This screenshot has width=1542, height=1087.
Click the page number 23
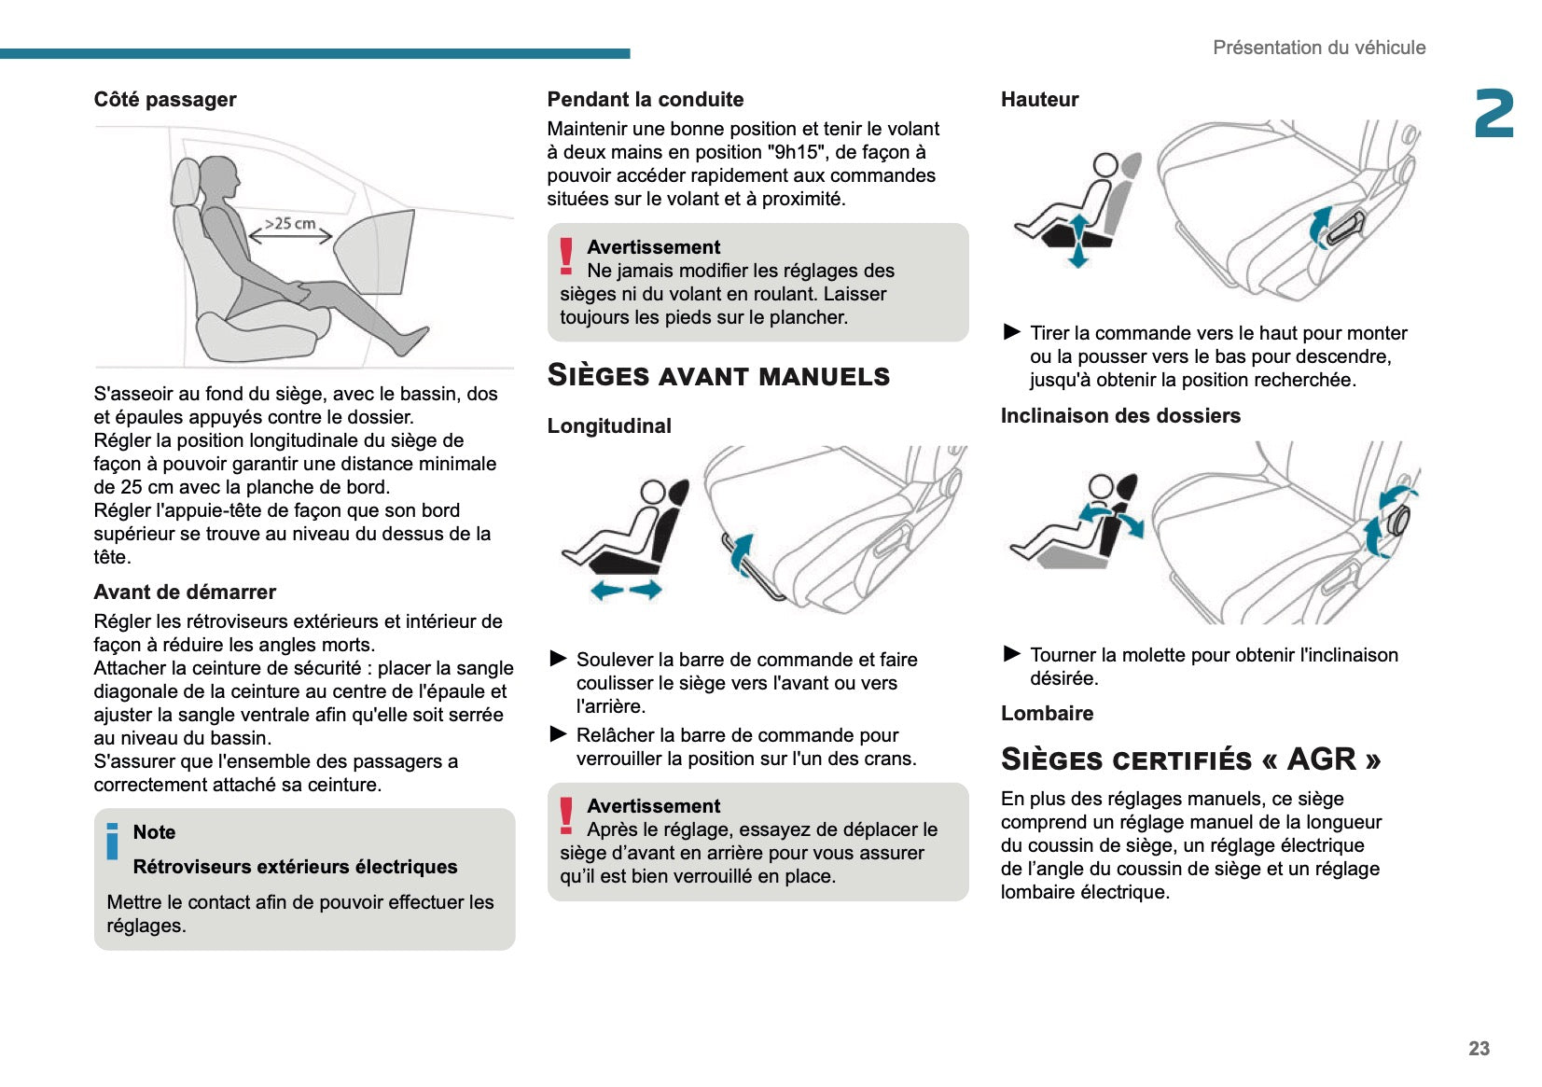pos(1479,1048)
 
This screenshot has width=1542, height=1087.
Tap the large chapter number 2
pos(1493,115)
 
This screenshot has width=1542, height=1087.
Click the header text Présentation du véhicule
pos(1318,48)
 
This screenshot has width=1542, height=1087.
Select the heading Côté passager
pos(165,100)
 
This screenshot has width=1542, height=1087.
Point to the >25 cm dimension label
pos(290,224)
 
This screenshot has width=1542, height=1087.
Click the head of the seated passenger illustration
pos(220,176)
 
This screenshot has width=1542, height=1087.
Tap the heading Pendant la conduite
pos(645,100)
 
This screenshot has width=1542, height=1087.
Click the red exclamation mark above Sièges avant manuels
pos(566,256)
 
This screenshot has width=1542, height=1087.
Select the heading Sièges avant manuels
pos(718,375)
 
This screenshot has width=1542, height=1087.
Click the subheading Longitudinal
pos(609,426)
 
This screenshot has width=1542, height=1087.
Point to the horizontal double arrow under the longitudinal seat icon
pos(626,590)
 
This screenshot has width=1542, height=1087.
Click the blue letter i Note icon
pos(113,841)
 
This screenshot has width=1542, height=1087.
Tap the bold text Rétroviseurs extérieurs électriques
pos(295,867)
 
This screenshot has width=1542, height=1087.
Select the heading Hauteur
pos(1039,100)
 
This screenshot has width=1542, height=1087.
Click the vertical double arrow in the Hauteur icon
pos(1079,241)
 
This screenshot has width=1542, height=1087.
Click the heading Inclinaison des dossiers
pos(1120,416)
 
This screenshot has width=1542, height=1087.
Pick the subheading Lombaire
pos(1047,714)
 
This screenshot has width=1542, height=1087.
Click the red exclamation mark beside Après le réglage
pos(566,815)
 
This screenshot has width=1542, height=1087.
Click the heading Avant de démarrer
pos(185,592)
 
